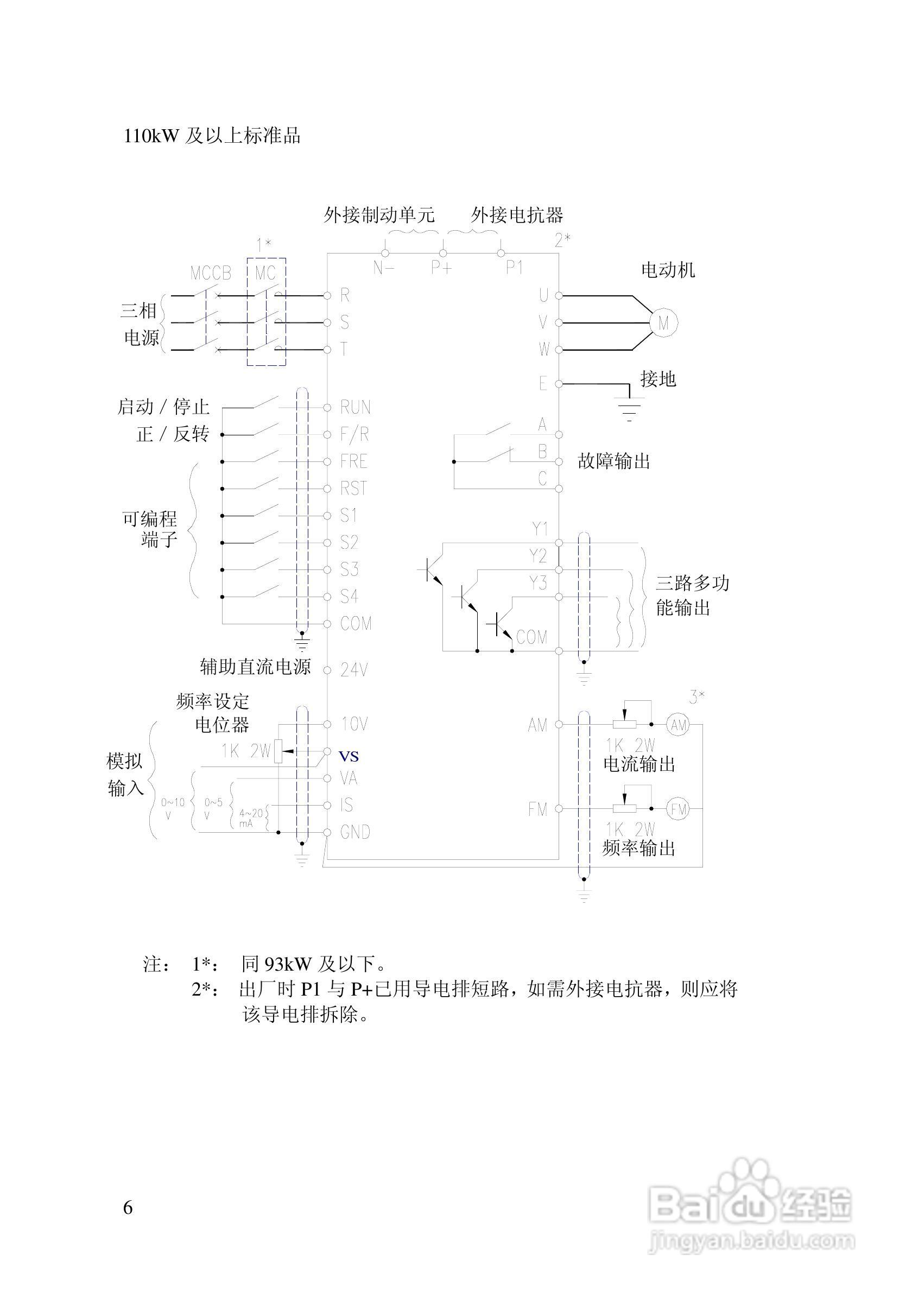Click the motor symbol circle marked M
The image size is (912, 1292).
pyautogui.click(x=663, y=323)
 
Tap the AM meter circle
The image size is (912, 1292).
pyautogui.click(x=678, y=725)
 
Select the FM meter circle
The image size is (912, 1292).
pyautogui.click(x=678, y=809)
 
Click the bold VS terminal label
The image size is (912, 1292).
pyautogui.click(x=349, y=756)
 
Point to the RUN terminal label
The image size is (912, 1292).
pyautogui.click(x=355, y=407)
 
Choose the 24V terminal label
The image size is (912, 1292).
pyautogui.click(x=354, y=670)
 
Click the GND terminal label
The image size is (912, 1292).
pyautogui.click(x=355, y=832)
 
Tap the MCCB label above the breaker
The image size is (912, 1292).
pyautogui.click(x=211, y=274)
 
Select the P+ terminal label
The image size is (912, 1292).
pyautogui.click(x=442, y=268)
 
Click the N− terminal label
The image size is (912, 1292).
pyautogui.click(x=384, y=268)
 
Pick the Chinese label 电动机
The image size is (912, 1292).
pyautogui.click(x=668, y=270)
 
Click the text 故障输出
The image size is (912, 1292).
pyautogui.click(x=614, y=461)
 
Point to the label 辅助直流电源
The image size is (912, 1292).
pyautogui.click(x=256, y=667)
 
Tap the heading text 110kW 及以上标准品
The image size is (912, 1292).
pyautogui.click(x=212, y=136)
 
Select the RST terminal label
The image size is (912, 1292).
pyautogui.click(x=354, y=488)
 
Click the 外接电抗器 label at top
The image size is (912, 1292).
pyautogui.click(x=516, y=215)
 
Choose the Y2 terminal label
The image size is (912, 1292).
pyautogui.click(x=539, y=556)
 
